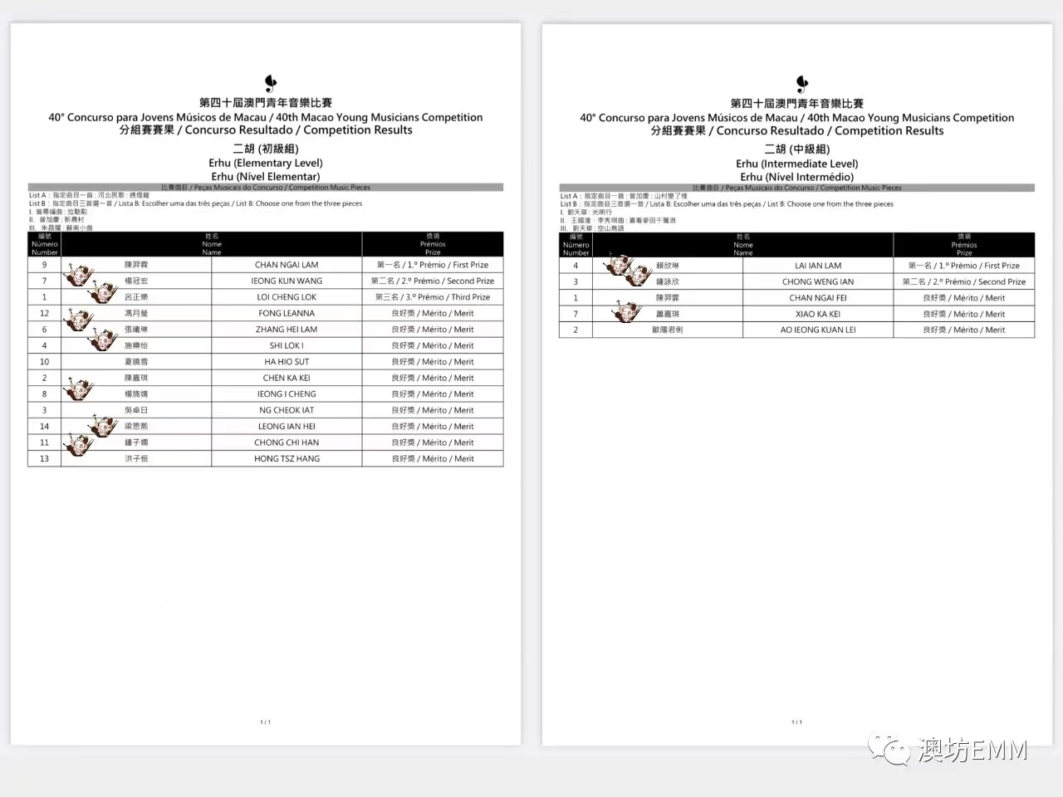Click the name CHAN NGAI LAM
pyautogui.click(x=287, y=265)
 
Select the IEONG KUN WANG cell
pyautogui.click(x=287, y=281)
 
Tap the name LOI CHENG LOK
pyautogui.click(x=287, y=297)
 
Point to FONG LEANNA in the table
pyautogui.click(x=287, y=313)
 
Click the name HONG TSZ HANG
pyautogui.click(x=287, y=458)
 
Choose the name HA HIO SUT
pyautogui.click(x=287, y=362)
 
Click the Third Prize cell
pyautogui.click(x=433, y=297)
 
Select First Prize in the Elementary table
pyautogui.click(x=433, y=265)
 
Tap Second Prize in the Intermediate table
pyautogui.click(x=964, y=281)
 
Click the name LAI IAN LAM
pyautogui.click(x=818, y=266)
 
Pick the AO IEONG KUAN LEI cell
pyautogui.click(x=818, y=330)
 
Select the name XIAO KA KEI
pyautogui.click(x=818, y=314)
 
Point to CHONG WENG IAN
pyautogui.click(x=818, y=281)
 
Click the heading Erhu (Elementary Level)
pyautogui.click(x=266, y=163)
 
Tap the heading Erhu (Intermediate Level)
pyautogui.click(x=797, y=164)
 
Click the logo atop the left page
pyautogui.click(x=270, y=83)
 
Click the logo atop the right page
pyautogui.click(x=801, y=83)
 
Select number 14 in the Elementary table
pyautogui.click(x=45, y=426)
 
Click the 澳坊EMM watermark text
pyautogui.click(x=972, y=750)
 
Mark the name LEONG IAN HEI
pyautogui.click(x=287, y=426)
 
